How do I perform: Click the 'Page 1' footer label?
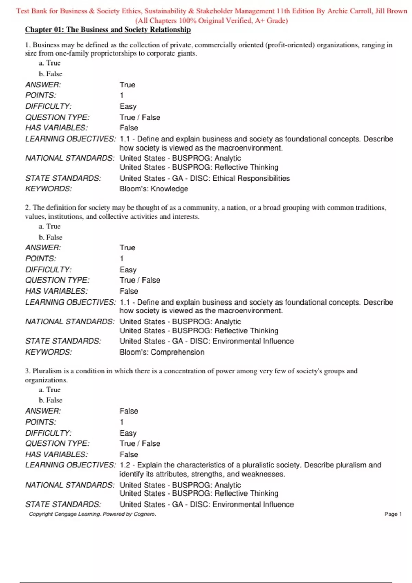click(393, 514)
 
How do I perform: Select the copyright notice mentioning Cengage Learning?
click(92, 514)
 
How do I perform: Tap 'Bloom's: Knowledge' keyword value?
click(153, 189)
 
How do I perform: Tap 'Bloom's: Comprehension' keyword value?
click(162, 352)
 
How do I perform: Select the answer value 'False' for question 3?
click(129, 411)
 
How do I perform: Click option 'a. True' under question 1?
click(50, 63)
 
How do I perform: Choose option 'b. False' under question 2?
click(50, 237)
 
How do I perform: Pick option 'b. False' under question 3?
click(50, 400)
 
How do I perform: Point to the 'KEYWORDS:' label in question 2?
click(48, 352)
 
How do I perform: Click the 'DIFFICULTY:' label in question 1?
click(48, 106)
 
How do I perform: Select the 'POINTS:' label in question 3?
click(41, 422)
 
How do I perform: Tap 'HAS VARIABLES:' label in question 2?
click(56, 291)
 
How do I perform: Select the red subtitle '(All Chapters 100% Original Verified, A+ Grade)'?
click(211, 21)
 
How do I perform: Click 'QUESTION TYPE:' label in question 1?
click(57, 117)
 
